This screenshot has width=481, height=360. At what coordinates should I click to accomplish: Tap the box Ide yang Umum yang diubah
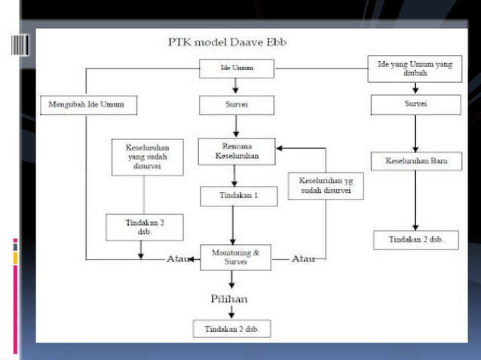pos(415,69)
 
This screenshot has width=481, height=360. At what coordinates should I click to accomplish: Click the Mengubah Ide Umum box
pos(87,105)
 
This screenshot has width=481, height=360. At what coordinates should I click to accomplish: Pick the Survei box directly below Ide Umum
pos(236,105)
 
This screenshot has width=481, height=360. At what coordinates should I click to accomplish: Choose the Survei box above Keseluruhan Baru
pos(415,105)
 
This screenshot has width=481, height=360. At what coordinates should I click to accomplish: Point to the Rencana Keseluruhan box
pos(236,151)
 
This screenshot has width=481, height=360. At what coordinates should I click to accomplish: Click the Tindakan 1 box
pos(236,196)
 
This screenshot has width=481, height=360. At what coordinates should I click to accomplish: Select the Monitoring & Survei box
pos(236,258)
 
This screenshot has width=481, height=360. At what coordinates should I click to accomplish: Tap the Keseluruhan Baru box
pos(415,161)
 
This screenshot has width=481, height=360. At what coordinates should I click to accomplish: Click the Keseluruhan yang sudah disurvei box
pos(146,157)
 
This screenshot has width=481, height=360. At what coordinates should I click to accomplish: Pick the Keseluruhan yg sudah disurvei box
pos(326,186)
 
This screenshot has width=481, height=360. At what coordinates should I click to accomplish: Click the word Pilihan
pos(229,299)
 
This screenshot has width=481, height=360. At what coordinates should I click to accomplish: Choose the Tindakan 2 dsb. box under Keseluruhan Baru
pos(415,239)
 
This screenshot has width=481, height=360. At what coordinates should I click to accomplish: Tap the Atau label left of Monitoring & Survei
pos(176,259)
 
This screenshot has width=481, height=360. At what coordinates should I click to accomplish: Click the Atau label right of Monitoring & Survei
pos(304,259)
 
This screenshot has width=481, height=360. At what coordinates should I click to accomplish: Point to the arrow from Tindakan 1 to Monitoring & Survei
pos(232,224)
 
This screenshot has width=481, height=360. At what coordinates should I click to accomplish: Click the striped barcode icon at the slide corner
pos(21,44)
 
